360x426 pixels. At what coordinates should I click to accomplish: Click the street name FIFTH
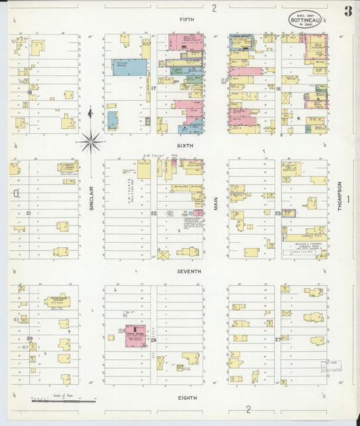[187, 20]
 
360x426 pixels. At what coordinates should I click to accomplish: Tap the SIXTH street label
[185, 145]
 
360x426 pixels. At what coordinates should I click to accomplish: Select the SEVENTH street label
[189, 271]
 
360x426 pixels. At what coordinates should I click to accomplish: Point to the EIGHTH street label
[188, 398]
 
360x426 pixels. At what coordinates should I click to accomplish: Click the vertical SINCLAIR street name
[91, 198]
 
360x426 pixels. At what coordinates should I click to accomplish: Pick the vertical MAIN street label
[217, 198]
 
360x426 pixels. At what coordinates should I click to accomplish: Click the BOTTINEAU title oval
[306, 19]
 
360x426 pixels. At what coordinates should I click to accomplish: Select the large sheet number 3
[347, 11]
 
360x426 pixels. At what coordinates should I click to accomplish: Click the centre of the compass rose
[91, 142]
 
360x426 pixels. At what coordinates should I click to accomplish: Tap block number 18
[30, 92]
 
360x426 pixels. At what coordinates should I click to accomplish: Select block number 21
[29, 213]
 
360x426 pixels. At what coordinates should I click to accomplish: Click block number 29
[29, 338]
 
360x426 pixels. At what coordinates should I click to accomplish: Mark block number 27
[278, 339]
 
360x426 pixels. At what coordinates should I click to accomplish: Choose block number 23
[278, 213]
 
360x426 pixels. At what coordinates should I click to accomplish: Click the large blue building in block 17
[130, 67]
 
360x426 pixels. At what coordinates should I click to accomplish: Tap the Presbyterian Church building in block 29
[57, 302]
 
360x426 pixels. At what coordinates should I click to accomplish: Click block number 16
[278, 88]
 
